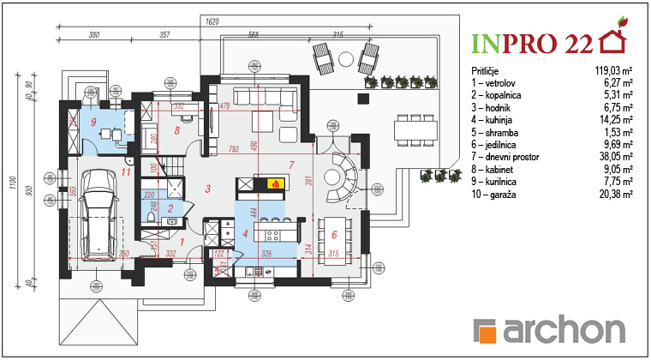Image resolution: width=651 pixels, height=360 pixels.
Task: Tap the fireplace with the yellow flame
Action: (274, 183)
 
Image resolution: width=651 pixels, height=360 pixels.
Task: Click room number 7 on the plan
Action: (291, 163)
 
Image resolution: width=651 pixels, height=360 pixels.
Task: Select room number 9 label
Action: (93, 122)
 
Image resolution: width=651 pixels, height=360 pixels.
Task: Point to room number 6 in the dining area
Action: (334, 233)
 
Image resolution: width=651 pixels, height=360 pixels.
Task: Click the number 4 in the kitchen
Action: (246, 233)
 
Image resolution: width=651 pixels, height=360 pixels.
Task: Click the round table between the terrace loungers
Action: (344, 58)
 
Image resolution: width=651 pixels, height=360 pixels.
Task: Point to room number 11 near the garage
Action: (126, 171)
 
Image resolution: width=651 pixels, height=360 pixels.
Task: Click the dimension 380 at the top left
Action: (94, 35)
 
